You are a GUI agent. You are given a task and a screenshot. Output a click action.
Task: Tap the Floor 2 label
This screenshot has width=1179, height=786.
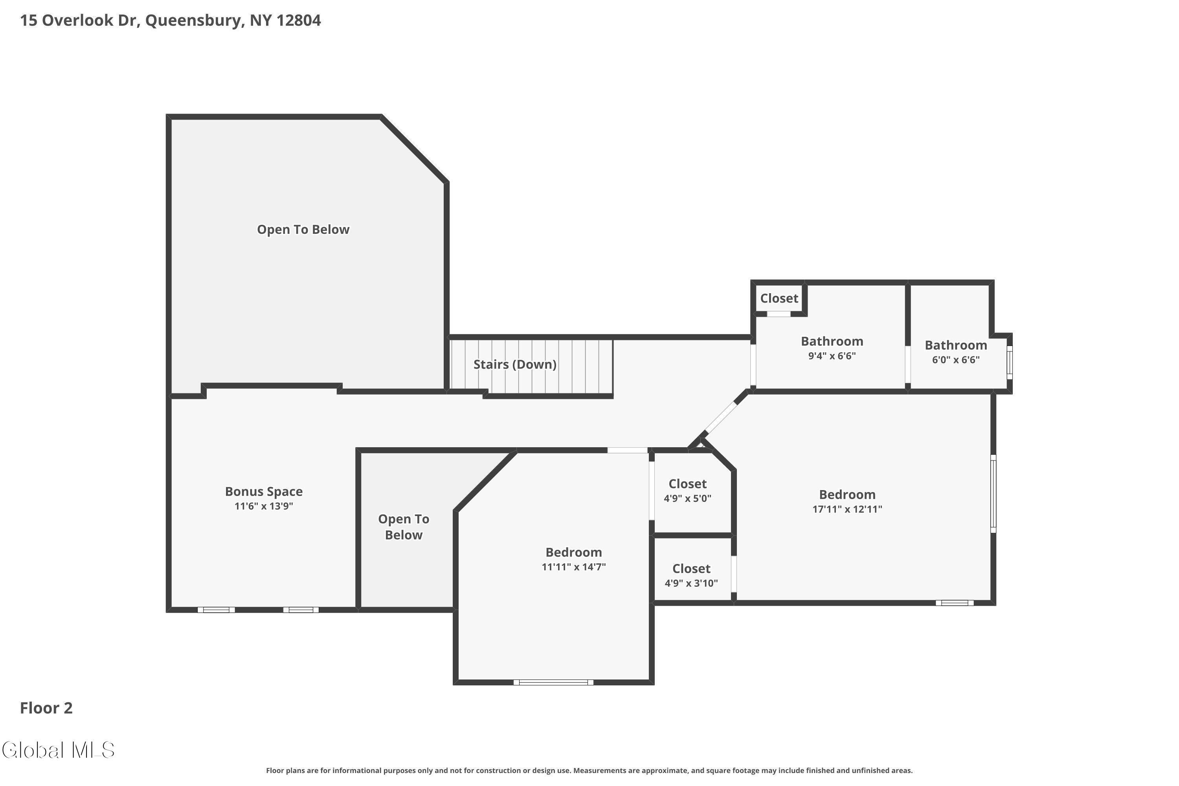[x=46, y=708]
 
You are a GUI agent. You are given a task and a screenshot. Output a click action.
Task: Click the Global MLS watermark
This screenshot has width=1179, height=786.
[x=58, y=750]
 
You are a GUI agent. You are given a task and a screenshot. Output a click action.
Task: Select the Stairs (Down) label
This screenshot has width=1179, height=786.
[x=515, y=364]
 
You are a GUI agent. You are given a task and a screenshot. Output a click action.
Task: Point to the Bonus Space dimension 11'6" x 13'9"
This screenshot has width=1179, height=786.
[x=264, y=506]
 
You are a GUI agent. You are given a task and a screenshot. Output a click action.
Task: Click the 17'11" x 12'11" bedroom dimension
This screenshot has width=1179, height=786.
[x=847, y=509]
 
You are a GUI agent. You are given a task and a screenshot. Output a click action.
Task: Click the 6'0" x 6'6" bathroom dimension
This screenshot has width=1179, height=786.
[x=955, y=360]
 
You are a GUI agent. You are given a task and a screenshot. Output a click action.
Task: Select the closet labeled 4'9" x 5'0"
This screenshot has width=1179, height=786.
[x=687, y=498]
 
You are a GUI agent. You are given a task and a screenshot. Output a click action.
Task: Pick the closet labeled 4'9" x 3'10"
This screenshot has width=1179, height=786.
[x=691, y=583]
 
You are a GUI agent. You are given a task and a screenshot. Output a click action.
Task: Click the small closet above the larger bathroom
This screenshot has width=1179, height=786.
[x=779, y=298]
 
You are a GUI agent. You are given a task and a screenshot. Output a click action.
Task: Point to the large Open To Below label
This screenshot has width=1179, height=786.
[x=303, y=230]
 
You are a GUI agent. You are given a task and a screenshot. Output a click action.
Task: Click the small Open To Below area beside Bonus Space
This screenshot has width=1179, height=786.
[x=404, y=527]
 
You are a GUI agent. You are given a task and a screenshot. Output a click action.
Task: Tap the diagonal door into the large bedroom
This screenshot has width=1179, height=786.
[x=721, y=418]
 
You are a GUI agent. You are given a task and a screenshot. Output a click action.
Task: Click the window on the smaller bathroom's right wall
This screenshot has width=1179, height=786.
[x=1010, y=362]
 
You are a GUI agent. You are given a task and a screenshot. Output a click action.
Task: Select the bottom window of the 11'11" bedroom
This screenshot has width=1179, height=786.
[x=553, y=682]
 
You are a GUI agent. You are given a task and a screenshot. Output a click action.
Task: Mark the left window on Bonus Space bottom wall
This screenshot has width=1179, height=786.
[x=216, y=610]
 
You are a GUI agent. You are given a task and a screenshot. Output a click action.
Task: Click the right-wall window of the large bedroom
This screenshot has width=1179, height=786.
[x=993, y=493]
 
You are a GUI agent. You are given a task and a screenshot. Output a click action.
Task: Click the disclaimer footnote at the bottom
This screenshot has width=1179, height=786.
[x=589, y=770]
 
